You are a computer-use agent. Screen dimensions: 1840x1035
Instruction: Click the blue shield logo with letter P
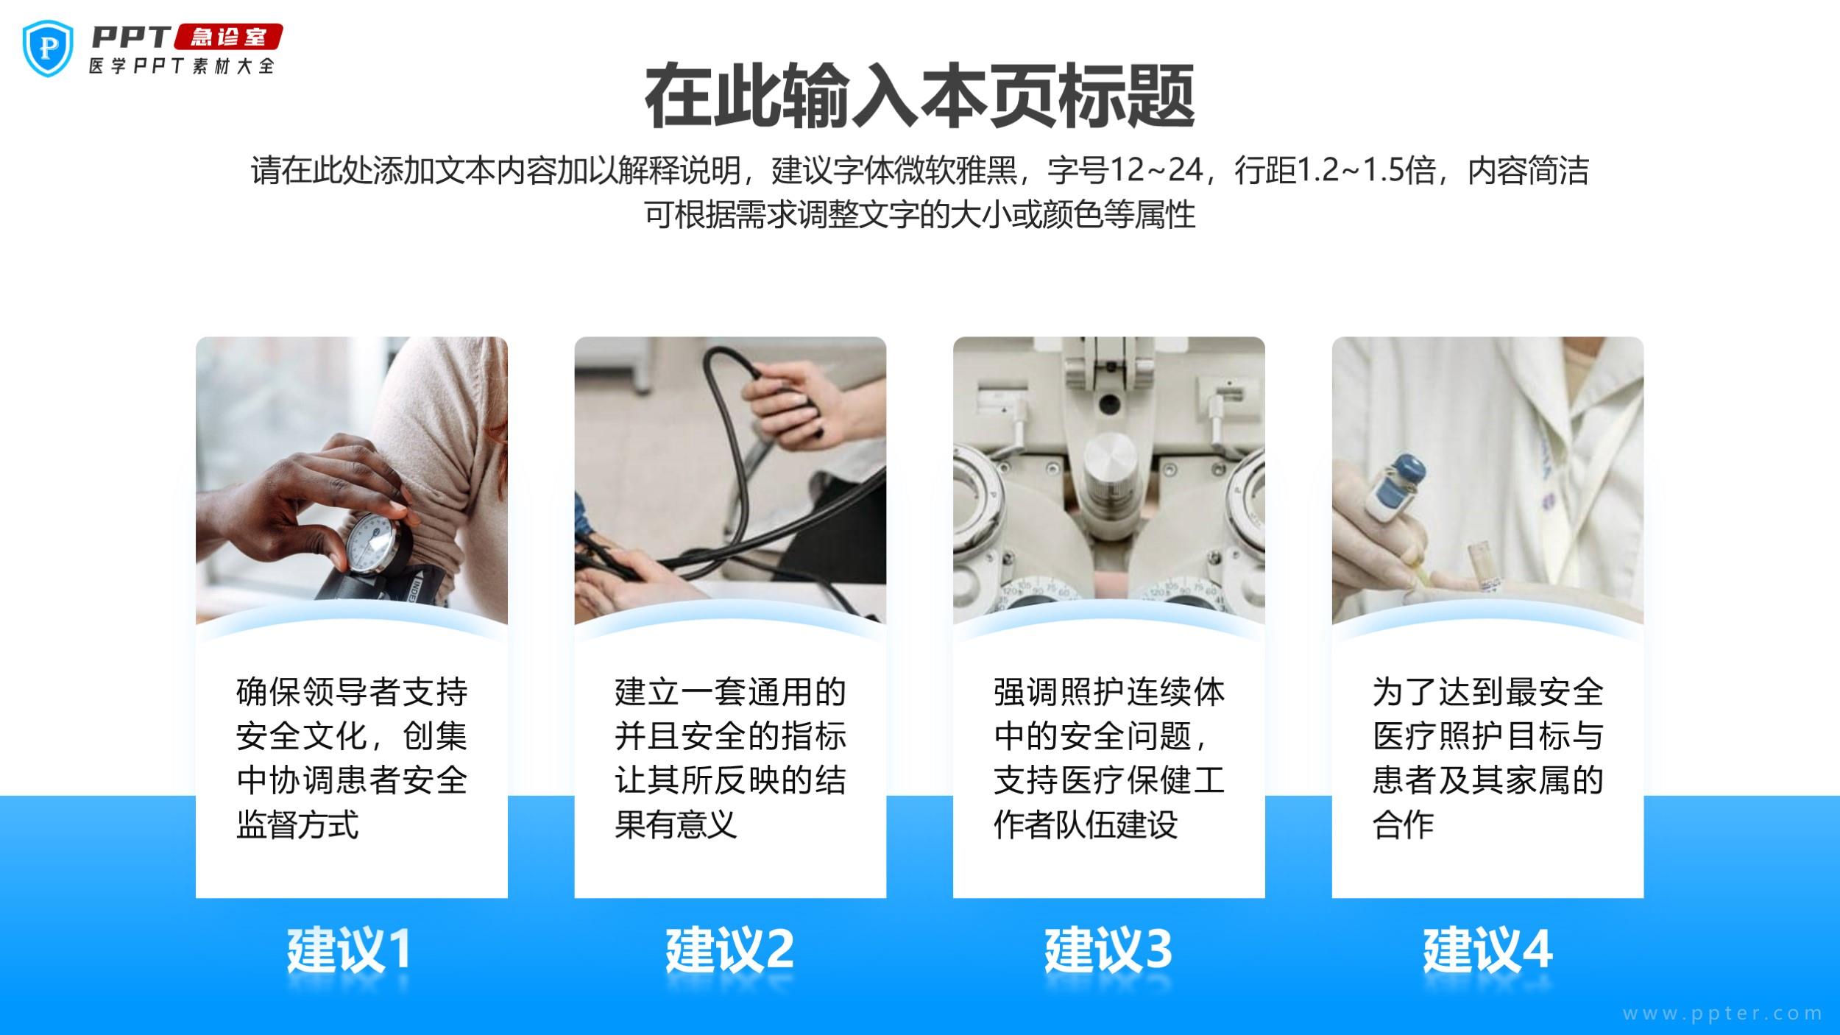[49, 48]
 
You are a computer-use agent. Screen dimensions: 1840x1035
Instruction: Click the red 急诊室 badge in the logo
[228, 37]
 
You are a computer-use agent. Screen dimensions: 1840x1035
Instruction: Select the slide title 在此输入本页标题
[919, 96]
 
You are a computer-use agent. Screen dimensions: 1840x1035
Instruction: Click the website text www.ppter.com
[1722, 1014]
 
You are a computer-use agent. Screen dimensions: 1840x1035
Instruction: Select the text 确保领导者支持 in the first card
[352, 692]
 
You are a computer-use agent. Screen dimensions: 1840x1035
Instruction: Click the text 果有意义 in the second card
[676, 824]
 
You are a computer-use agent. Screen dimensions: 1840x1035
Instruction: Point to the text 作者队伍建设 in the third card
[1086, 824]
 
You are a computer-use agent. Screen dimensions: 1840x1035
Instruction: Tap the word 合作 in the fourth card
[1403, 824]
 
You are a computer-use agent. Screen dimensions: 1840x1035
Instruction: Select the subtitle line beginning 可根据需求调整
[920, 215]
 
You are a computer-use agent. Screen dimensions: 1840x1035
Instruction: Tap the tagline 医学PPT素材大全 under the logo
[181, 66]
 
